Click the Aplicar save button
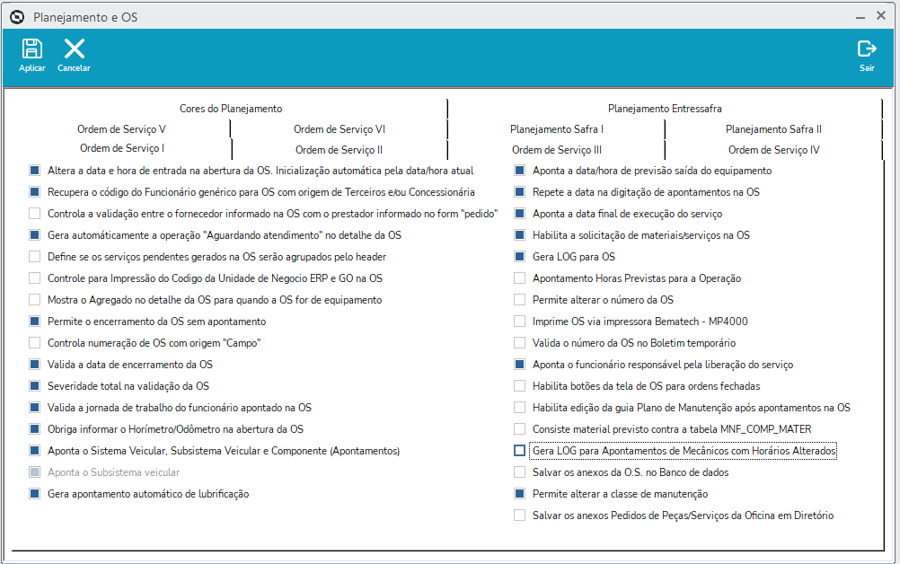(32, 55)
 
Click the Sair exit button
(867, 55)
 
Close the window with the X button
(881, 15)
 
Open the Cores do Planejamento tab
(230, 109)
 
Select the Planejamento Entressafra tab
(665, 109)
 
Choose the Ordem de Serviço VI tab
(340, 129)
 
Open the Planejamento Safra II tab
(773, 129)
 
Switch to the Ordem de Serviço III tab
(557, 150)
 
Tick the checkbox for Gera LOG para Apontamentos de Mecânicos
(520, 451)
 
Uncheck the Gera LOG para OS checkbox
(520, 257)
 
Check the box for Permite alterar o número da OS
(520, 300)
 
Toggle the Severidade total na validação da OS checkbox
(35, 386)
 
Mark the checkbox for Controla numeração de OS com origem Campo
(35, 343)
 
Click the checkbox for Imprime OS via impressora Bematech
(520, 322)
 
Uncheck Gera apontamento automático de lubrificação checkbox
(35, 494)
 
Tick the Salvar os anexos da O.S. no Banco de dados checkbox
(520, 472)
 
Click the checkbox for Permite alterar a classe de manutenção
(520, 494)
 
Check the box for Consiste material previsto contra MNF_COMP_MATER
(520, 429)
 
